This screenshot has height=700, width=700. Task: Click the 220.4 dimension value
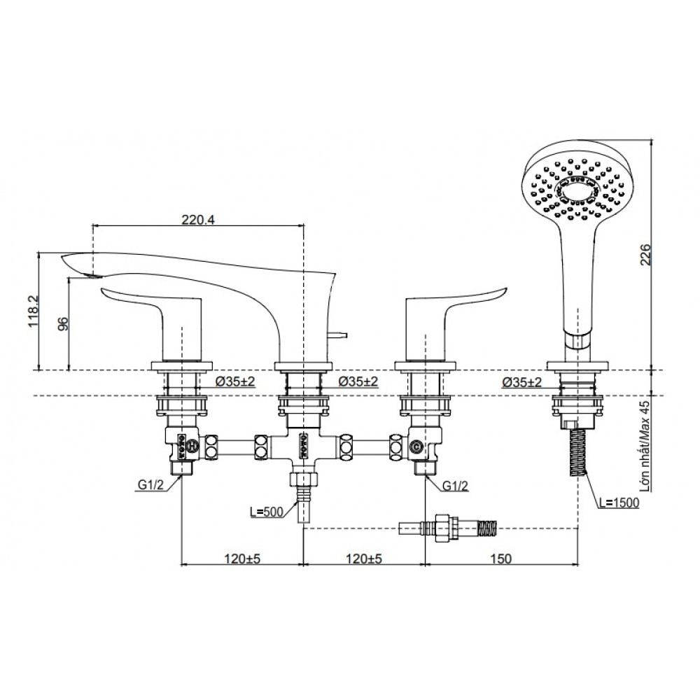(x=198, y=219)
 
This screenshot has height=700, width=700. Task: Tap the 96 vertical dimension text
(x=62, y=323)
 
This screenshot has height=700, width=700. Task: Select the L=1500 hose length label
(x=619, y=503)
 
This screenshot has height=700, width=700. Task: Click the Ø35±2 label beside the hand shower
(x=521, y=382)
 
